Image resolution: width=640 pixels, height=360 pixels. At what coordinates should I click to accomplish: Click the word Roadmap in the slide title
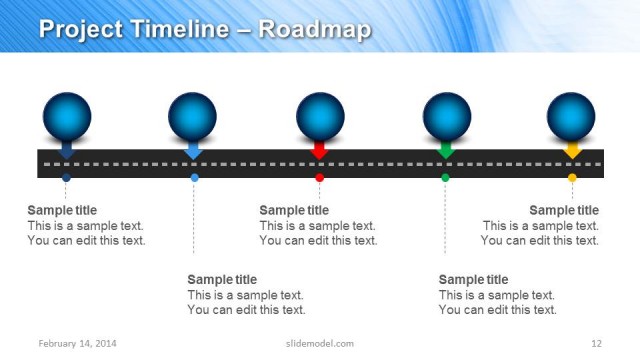tap(314, 29)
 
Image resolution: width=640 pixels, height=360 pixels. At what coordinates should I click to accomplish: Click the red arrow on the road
tap(320, 150)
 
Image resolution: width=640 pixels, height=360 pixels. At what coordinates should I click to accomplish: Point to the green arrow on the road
tap(446, 150)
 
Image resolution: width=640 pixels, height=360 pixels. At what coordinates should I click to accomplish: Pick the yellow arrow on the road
tap(572, 150)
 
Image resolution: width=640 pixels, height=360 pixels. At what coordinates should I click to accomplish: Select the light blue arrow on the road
tap(194, 150)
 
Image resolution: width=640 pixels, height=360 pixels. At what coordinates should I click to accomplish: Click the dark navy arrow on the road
tap(66, 150)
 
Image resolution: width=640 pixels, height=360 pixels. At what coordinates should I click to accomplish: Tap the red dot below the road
tap(320, 177)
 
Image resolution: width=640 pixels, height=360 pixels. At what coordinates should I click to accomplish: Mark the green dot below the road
tap(446, 177)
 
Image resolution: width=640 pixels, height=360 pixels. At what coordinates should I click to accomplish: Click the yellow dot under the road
tap(572, 177)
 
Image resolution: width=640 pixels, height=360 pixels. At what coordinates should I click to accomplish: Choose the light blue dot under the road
tap(194, 177)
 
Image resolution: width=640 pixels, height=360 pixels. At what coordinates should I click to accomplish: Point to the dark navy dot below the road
tap(66, 177)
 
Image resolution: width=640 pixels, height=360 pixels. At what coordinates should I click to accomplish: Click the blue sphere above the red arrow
tap(320, 116)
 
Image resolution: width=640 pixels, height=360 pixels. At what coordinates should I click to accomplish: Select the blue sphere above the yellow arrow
tap(571, 116)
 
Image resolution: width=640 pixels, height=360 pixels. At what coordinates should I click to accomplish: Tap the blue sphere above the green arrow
tap(447, 116)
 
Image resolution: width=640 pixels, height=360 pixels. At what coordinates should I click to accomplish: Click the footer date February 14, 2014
tap(78, 344)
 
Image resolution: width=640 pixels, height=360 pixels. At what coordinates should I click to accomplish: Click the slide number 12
tap(596, 344)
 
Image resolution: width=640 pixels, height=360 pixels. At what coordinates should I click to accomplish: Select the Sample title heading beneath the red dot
tap(294, 210)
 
